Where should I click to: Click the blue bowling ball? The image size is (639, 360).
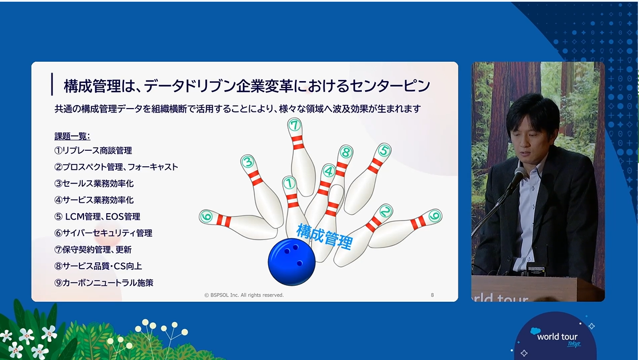pos(291,262)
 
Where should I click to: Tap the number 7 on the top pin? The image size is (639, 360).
pos(294,125)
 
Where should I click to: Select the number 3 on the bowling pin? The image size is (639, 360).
pos(248,162)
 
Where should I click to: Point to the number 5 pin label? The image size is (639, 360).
pos(384,151)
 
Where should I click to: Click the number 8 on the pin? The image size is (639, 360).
pos(346,153)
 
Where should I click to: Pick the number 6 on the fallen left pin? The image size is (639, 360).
pos(206,217)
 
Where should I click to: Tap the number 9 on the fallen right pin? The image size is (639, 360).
pos(435,216)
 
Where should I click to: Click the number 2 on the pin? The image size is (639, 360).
pos(385,211)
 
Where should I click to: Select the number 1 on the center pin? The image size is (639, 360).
pos(289,183)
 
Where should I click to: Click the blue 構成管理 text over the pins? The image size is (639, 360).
pos(325,236)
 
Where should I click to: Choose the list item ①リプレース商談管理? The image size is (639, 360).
pos(93,151)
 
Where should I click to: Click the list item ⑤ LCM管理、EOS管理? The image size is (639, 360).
pos(97,217)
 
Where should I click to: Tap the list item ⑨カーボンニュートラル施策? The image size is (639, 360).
pos(103,283)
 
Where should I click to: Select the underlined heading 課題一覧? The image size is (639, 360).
pos(72,137)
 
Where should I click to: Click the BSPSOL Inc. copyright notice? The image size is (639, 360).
pos(243,295)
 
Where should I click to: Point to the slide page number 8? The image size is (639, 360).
pos(432,295)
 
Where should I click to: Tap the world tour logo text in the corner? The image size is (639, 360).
pos(557,337)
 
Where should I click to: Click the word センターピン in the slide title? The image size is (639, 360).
pos(390,86)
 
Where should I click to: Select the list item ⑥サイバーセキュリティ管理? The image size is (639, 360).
pos(103,233)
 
